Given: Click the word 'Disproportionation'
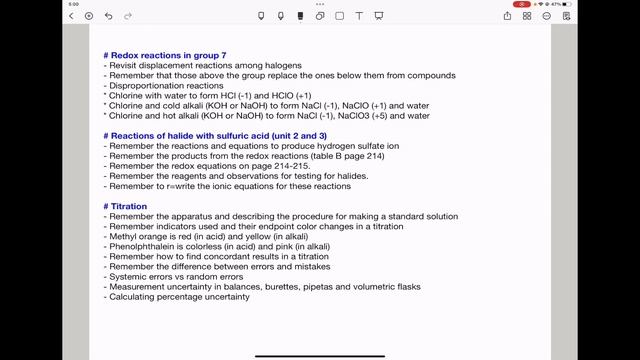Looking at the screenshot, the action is click(x=146, y=85).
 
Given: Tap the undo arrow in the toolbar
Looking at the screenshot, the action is click(x=108, y=16).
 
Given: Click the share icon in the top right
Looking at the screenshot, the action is click(x=508, y=16).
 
